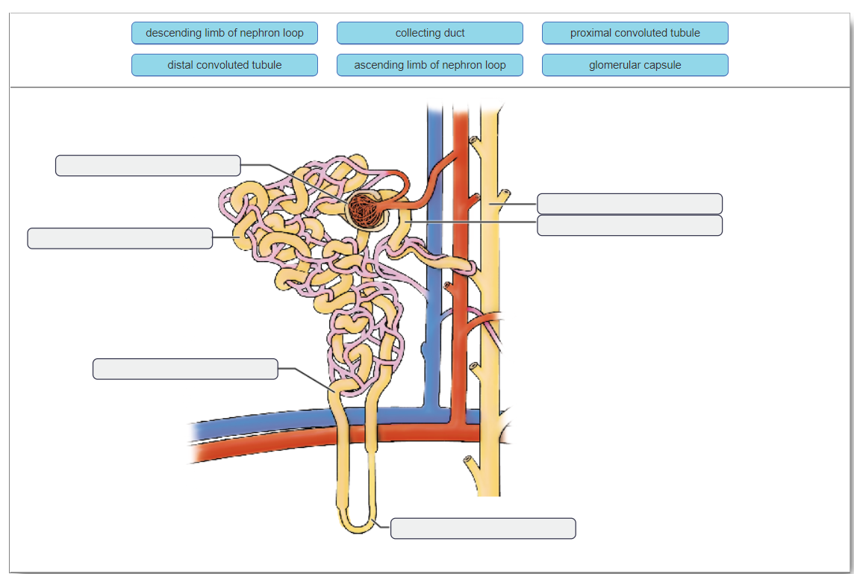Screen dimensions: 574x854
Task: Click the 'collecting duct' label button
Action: (x=429, y=33)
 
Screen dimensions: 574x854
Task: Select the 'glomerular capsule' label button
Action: (x=635, y=65)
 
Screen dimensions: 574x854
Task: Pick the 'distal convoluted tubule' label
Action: (x=224, y=65)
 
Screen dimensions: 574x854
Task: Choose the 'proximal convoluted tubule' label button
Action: (x=635, y=33)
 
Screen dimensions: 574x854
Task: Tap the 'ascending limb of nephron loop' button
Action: (x=429, y=65)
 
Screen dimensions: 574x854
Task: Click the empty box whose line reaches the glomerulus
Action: (x=148, y=166)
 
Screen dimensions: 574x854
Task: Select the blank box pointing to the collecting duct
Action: (x=629, y=204)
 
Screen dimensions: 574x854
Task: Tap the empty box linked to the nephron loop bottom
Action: (x=483, y=528)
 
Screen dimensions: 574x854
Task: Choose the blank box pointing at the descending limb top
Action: (x=185, y=369)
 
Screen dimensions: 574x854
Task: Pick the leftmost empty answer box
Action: (x=120, y=238)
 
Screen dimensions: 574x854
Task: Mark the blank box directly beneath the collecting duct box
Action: (x=629, y=225)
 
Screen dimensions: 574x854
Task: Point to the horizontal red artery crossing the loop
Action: (x=261, y=446)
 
